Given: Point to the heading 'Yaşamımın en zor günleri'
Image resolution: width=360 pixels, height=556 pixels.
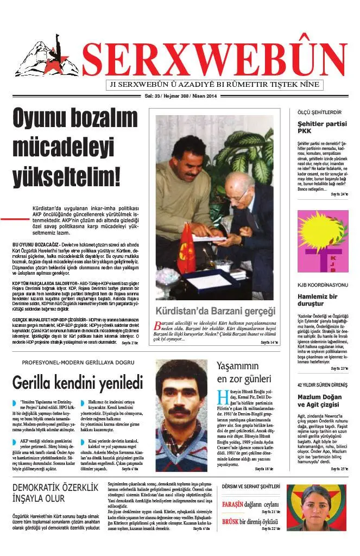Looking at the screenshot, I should [244, 372].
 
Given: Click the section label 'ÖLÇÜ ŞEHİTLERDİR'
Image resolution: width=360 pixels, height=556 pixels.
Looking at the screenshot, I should [319, 112].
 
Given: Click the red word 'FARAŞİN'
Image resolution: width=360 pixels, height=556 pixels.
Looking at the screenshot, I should [233, 504].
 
